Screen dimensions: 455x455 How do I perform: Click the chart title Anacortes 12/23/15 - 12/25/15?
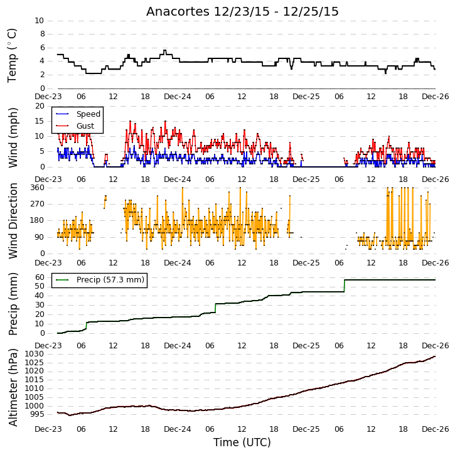pyautogui.click(x=242, y=12)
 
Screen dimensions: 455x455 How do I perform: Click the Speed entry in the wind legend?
pyautogui.click(x=88, y=114)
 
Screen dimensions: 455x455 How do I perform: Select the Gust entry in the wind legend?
pyautogui.click(x=85, y=126)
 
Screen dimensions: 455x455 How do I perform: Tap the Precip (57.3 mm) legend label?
pyautogui.click(x=110, y=280)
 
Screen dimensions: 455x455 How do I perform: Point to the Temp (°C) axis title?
pyautogui.click(x=12, y=56)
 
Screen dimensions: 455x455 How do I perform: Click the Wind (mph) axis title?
pyautogui.click(x=13, y=138)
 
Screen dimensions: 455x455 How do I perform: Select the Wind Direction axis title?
pyautogui.click(x=13, y=221)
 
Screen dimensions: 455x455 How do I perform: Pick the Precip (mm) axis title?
pyautogui.click(x=13, y=304)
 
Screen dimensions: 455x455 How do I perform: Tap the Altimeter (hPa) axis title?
pyautogui.click(x=13, y=388)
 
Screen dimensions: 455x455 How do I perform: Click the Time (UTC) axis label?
pyautogui.click(x=242, y=442)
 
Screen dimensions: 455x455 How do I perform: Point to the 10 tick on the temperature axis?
pyautogui.click(x=39, y=21)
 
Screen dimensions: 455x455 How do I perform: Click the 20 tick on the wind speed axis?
pyautogui.click(x=40, y=106)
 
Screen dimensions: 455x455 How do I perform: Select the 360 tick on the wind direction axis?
pyautogui.click(x=38, y=188)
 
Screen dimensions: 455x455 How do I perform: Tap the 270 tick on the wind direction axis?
pyautogui.click(x=38, y=204)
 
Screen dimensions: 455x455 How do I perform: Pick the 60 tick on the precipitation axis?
pyautogui.click(x=40, y=277)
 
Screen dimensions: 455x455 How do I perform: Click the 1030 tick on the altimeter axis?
pyautogui.click(x=35, y=354)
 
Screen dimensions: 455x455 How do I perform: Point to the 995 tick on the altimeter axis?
pyautogui.click(x=37, y=414)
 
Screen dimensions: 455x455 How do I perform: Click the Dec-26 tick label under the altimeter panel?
pyautogui.click(x=436, y=429)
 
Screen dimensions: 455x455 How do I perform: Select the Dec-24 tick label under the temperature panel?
pyautogui.click(x=178, y=97)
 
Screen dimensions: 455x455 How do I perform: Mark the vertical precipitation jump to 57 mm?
pyautogui.click(x=345, y=286)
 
